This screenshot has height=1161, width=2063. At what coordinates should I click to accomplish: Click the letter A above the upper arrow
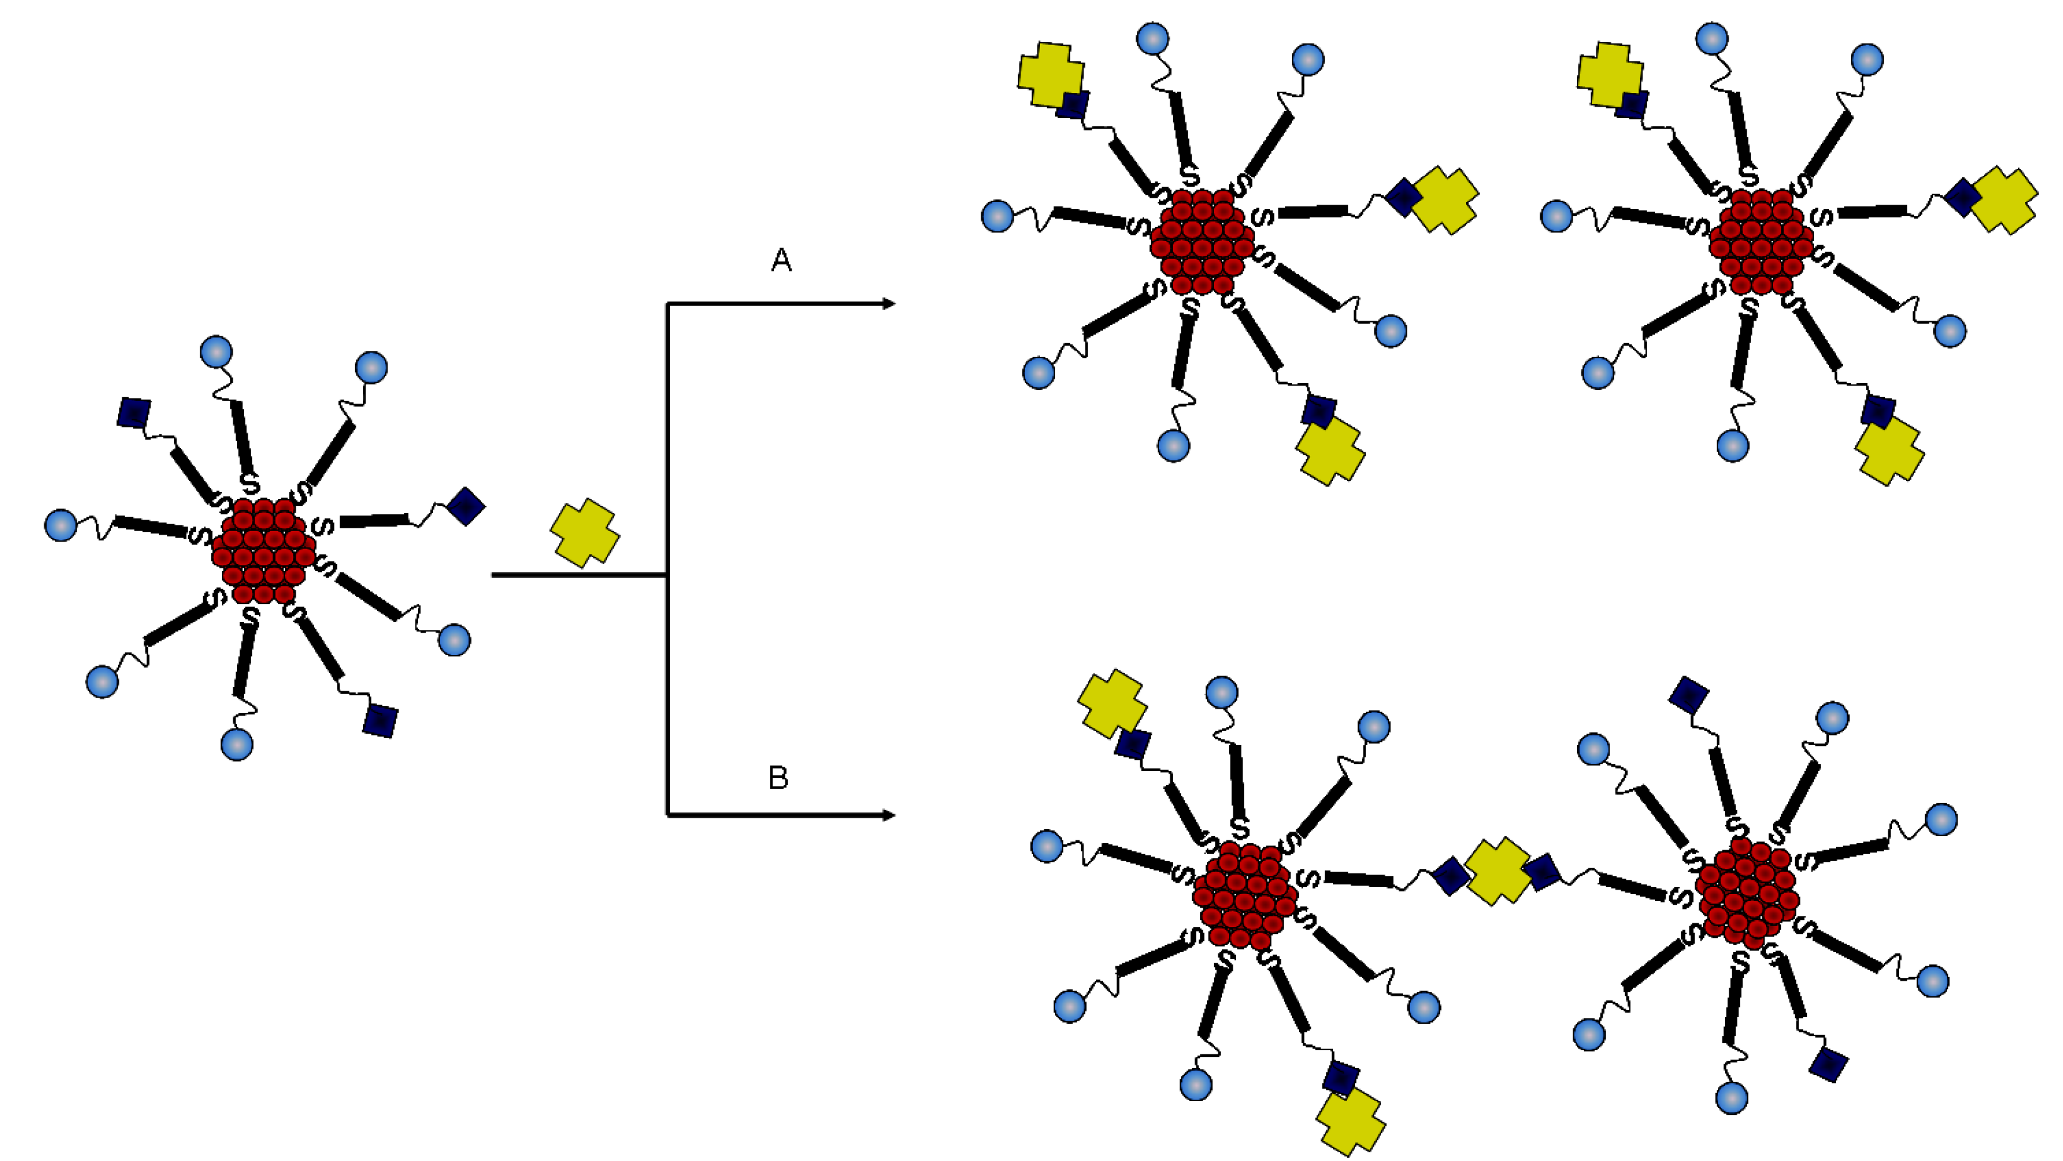781,260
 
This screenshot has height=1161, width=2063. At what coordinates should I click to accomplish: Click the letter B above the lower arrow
778,777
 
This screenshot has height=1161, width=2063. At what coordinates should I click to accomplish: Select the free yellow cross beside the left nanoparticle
585,532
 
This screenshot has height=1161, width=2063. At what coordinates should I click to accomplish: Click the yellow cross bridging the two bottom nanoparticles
1498,872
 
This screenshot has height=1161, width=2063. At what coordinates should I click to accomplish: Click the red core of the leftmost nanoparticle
263,551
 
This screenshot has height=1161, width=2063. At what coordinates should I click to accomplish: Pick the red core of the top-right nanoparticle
1760,241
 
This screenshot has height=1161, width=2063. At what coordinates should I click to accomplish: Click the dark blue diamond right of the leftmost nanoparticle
465,506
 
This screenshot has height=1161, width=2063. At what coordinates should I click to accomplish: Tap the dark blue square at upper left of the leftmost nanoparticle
133,412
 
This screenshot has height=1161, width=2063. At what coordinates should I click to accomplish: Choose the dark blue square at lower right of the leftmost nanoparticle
380,721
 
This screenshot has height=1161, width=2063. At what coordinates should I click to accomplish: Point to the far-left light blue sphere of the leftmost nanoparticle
60,525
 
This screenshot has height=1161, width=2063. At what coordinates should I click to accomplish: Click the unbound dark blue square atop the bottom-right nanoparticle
1688,694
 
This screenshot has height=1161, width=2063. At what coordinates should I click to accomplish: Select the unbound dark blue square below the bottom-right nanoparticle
1829,1065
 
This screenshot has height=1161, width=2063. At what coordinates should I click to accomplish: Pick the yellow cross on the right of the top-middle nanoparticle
1445,200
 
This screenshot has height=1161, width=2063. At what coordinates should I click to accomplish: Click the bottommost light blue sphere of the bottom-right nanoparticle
1732,1097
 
